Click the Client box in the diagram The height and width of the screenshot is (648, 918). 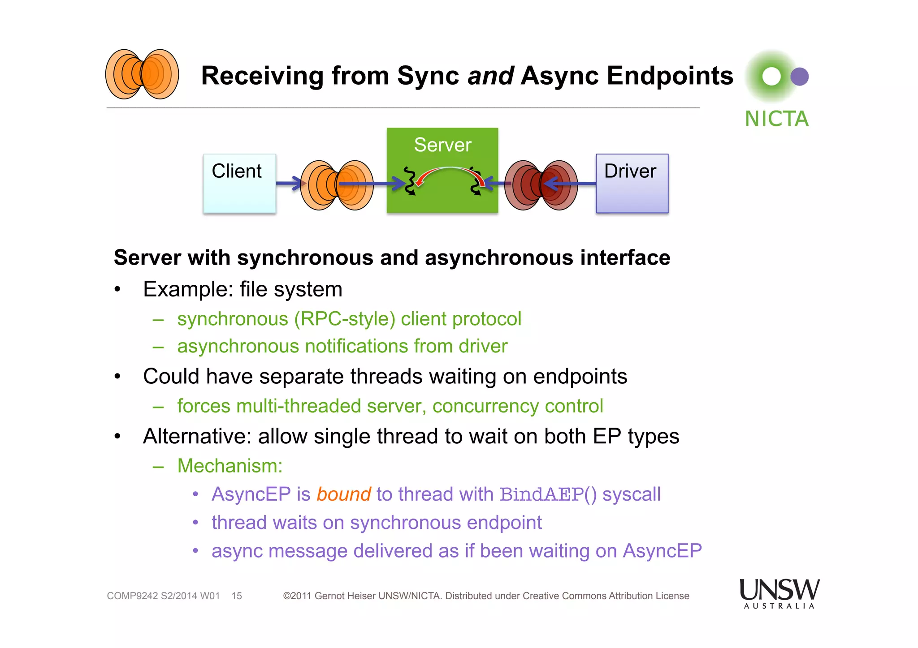pos(239,184)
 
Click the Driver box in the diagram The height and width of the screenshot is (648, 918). pos(632,184)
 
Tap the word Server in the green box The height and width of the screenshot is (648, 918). pos(442,145)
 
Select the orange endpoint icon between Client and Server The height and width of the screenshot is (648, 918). pos(337,185)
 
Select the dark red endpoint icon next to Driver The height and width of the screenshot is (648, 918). pos(541,185)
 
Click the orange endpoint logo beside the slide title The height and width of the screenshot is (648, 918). pos(142,74)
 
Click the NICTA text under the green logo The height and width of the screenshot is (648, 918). pos(776,119)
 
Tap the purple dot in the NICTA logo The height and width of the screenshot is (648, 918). pos(800,77)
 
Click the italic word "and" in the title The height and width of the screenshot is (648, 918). pos(490,76)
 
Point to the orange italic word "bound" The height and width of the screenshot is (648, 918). pos(343,494)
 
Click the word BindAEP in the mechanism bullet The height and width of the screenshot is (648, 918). pos(541,494)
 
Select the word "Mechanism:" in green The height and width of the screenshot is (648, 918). pos(230,466)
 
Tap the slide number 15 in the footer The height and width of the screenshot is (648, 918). pos(237,596)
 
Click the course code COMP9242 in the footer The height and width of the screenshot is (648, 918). pos(132,596)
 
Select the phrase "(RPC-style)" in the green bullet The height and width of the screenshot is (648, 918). pos(344,319)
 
